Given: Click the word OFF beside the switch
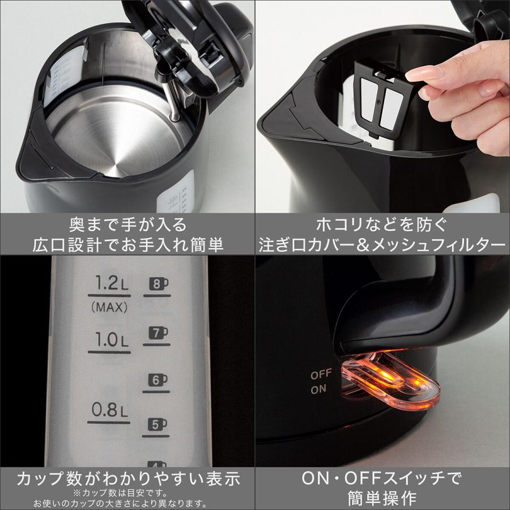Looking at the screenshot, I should pos(321,375).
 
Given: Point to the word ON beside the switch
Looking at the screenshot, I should pos(318,389).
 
